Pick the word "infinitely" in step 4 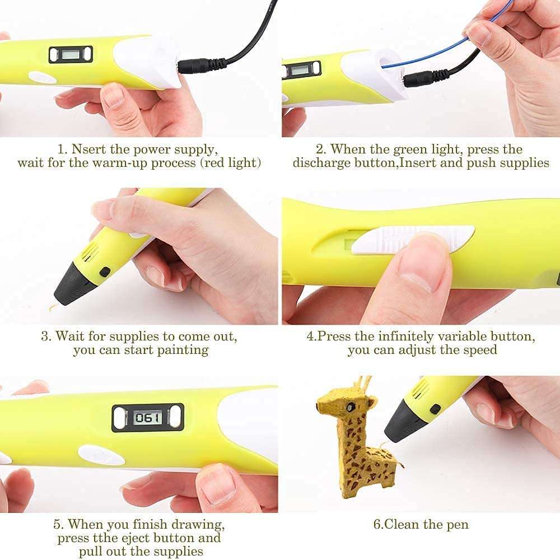407,337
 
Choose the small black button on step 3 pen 104,272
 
